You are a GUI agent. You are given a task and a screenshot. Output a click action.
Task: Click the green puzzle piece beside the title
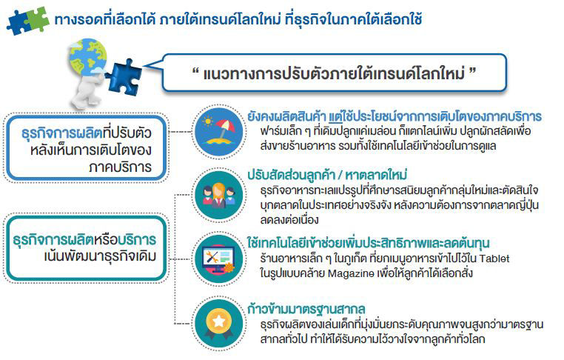coord(36,19)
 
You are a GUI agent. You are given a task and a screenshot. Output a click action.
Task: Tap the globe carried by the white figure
coord(88,57)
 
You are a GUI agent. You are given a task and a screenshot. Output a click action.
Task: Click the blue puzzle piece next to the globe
coord(123,77)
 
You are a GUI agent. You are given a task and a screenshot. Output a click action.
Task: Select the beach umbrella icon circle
coord(219,132)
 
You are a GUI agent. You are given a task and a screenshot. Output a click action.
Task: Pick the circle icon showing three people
coord(219,195)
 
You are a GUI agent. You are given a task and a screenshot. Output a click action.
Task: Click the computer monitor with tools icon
coord(219,259)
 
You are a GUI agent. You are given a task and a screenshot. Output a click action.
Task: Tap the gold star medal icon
coord(219,323)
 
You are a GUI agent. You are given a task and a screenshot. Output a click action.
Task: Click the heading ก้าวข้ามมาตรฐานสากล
coord(306,309)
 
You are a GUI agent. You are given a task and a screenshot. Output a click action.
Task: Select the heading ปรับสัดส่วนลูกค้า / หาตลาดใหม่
coord(327,175)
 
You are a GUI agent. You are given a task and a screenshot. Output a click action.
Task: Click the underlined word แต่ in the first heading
coord(335,116)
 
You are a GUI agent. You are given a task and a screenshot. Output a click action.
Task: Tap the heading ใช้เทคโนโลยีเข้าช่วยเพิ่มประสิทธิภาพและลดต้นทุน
coord(369,243)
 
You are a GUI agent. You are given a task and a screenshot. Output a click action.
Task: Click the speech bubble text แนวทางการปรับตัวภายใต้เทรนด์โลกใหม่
coord(334,74)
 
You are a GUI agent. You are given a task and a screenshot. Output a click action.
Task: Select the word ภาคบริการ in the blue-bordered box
coord(120,167)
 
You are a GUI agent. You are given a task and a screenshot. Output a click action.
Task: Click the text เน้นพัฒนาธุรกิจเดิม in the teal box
coord(101,256)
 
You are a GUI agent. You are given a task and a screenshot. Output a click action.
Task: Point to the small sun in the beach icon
coord(207,121)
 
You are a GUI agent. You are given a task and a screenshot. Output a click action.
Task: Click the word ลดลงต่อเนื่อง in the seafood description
coord(289,220)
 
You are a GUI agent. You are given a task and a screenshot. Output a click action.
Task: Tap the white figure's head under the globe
coord(89,81)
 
